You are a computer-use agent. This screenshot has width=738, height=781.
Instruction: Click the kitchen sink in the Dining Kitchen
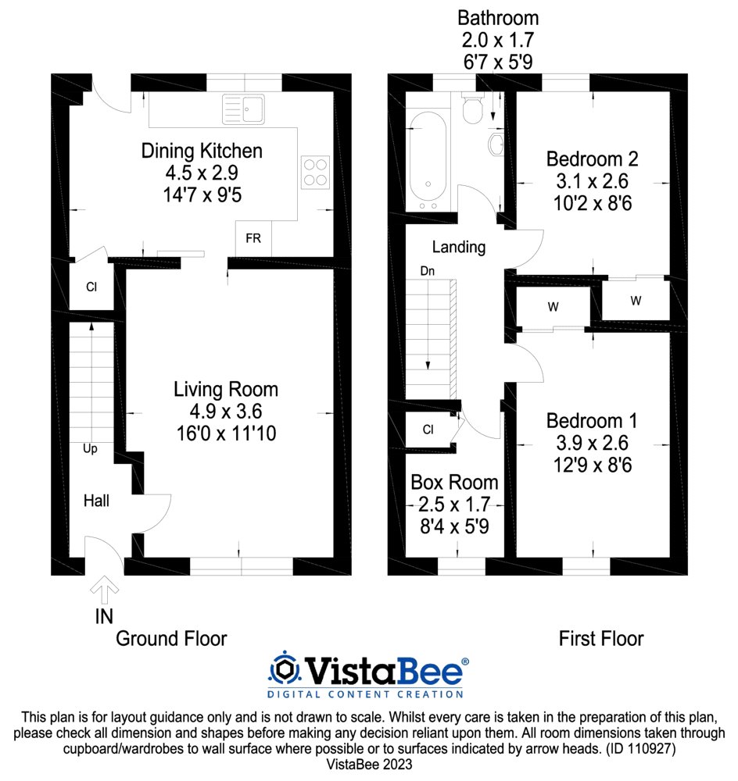tap(243, 109)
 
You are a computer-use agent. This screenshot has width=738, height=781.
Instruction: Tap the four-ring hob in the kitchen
tap(316, 173)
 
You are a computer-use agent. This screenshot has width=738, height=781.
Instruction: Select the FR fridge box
tap(253, 238)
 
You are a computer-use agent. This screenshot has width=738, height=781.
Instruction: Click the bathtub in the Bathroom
tap(428, 162)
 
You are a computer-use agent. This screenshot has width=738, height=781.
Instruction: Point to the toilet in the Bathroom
tap(472, 108)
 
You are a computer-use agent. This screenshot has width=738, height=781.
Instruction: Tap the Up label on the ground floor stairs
tap(90, 449)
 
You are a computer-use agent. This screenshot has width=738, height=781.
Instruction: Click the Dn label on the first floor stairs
tap(428, 271)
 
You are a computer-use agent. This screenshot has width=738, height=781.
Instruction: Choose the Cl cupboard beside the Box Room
tap(428, 430)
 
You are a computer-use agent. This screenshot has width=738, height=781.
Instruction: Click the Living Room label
tap(226, 390)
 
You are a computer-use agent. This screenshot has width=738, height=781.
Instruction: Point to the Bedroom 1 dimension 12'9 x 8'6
tap(593, 465)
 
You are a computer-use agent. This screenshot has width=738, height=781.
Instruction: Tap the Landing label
tap(459, 247)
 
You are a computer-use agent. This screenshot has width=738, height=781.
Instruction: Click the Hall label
tap(96, 501)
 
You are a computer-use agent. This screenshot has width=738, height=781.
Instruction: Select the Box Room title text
tap(454, 482)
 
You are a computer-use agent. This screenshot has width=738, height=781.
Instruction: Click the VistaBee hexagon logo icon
tap(285, 668)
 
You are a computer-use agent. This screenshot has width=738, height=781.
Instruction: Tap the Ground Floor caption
tap(171, 639)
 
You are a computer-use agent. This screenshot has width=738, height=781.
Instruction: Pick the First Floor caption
tap(601, 639)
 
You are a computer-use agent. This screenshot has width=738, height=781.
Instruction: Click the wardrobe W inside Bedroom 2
tap(636, 301)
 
